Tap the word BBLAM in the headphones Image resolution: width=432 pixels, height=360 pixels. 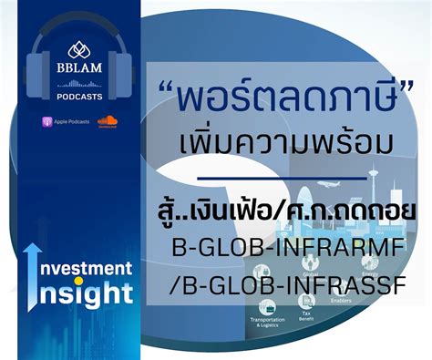(x=77, y=68)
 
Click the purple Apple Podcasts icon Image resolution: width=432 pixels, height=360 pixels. (x=46, y=121)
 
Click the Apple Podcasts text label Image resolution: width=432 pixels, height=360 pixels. (x=71, y=122)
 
